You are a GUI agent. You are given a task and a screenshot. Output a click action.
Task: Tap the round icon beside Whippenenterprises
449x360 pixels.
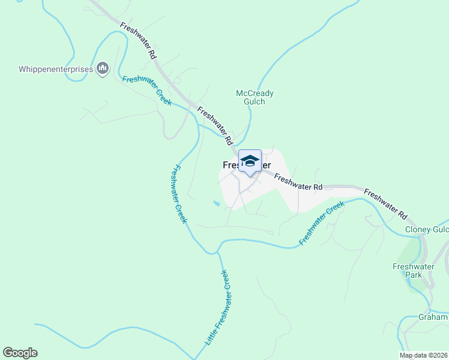click(103, 70)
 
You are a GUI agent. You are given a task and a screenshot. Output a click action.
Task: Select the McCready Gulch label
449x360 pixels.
click(255, 97)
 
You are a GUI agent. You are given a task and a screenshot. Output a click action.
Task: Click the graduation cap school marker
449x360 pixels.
click(250, 161)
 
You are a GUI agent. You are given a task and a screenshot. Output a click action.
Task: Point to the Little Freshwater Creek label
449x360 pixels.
click(218, 307)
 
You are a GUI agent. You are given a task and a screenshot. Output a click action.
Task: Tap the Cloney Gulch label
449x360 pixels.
click(427, 229)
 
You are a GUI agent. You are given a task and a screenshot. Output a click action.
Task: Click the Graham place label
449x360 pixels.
click(433, 317)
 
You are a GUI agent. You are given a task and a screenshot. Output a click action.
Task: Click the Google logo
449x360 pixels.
click(20, 353)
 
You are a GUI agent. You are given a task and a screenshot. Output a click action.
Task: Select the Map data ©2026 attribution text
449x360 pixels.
click(423, 355)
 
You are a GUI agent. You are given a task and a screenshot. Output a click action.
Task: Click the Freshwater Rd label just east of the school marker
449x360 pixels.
click(299, 182)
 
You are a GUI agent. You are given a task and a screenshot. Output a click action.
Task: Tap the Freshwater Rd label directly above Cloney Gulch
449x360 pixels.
click(385, 205)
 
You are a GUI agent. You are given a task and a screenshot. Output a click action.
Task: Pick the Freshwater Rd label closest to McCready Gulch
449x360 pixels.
click(215, 127)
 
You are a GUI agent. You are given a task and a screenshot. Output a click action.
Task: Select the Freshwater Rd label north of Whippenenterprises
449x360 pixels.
click(138, 41)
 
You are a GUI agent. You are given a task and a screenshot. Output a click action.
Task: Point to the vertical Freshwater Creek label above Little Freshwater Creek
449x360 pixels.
click(179, 194)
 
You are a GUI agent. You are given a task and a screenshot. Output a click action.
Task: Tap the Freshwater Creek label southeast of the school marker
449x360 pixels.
click(322, 223)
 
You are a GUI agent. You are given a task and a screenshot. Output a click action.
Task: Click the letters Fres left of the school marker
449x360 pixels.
click(231, 165)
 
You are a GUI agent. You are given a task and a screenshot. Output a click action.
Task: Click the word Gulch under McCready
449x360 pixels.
click(255, 102)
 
